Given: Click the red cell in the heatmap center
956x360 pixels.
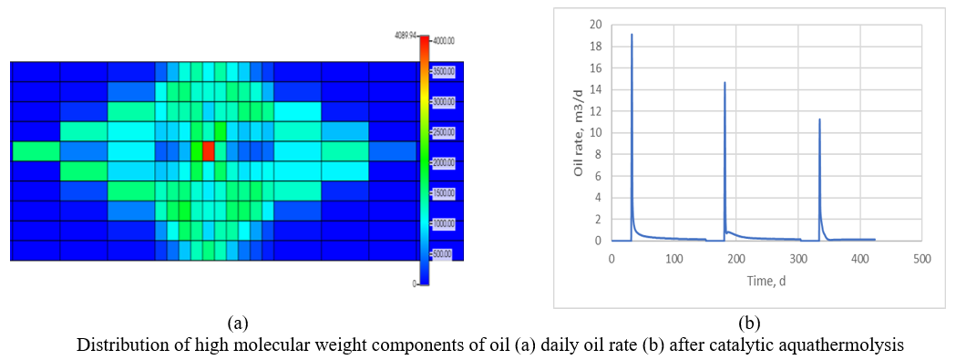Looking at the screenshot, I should [209, 150].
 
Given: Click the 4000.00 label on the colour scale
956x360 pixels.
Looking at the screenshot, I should [444, 41].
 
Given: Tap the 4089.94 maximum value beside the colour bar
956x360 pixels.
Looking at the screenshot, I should [405, 36].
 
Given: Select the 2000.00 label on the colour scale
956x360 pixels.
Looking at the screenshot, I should [444, 162].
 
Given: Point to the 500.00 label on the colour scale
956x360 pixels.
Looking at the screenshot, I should [442, 253].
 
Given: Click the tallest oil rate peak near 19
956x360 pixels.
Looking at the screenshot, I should [632, 35].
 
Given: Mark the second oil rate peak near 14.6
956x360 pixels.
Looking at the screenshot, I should [725, 83].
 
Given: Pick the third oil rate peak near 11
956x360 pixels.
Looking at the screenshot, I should [819, 119].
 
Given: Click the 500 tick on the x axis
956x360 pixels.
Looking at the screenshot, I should [921, 258].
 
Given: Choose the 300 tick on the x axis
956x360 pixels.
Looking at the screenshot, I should [797, 258].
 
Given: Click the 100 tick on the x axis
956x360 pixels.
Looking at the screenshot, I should [673, 258].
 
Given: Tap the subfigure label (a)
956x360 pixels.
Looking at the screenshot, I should [237, 322].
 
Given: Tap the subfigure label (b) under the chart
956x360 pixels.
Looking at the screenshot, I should [749, 322].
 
